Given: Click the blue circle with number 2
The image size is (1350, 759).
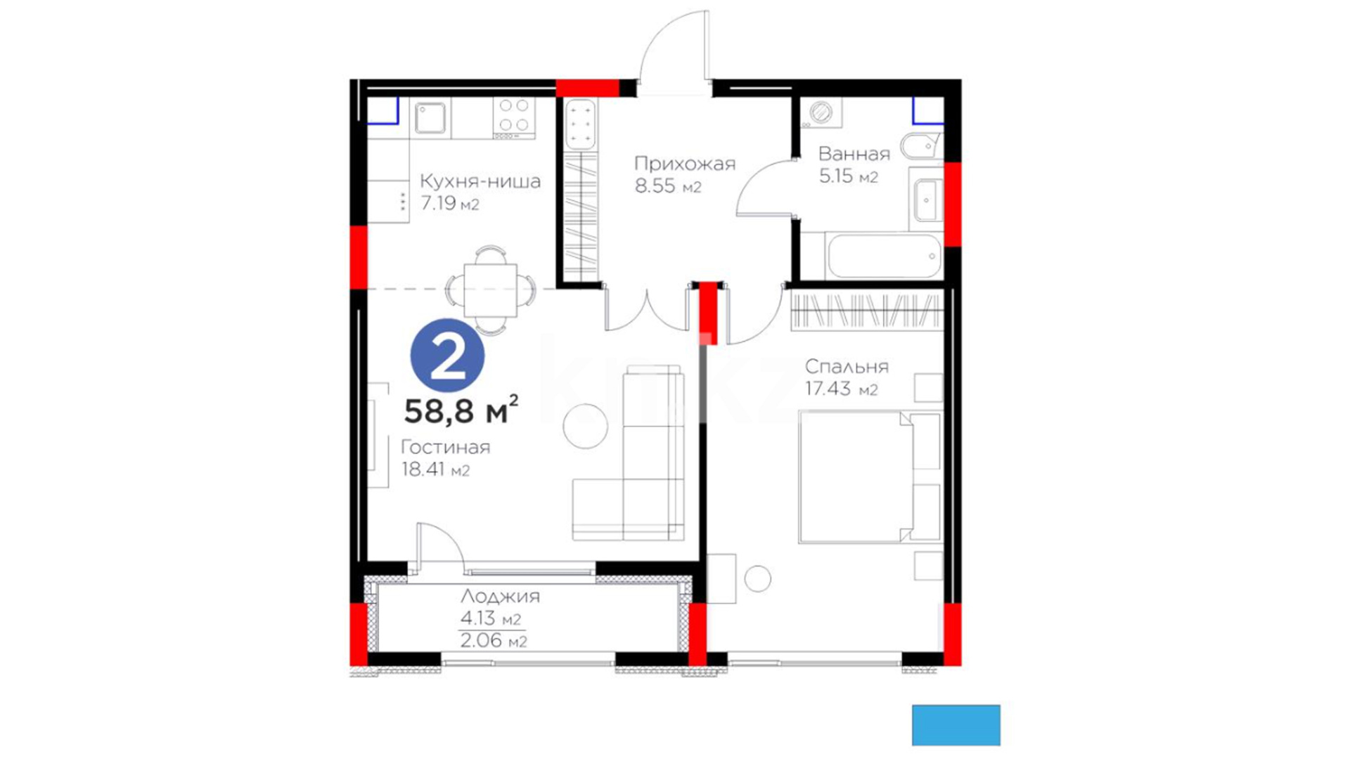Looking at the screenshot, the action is (447, 356).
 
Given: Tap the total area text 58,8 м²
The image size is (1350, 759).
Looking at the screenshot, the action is (461, 410).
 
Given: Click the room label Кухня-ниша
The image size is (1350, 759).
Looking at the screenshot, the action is (480, 181).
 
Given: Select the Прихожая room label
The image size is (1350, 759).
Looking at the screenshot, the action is (685, 164).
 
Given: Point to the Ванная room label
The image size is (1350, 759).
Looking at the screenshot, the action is (854, 154).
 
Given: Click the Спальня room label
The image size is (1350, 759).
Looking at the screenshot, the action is (847, 367).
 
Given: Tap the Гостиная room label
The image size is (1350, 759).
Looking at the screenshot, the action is (446, 448).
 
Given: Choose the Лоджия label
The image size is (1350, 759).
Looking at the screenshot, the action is (501, 597).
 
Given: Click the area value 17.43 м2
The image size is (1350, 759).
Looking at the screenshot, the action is (842, 389).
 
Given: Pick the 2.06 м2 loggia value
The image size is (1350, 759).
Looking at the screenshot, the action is (493, 641).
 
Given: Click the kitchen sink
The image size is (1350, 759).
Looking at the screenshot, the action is (430, 118).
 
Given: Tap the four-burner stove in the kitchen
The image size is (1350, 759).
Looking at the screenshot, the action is (514, 117).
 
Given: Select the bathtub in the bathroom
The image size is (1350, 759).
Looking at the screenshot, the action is (884, 256).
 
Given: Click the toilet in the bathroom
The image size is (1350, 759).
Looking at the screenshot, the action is (921, 146).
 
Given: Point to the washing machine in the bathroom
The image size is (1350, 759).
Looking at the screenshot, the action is (821, 112).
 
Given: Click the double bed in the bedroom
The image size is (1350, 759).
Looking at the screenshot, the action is (869, 477).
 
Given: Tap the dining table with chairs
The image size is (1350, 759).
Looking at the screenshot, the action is (491, 290).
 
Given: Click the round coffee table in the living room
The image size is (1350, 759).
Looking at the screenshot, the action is (585, 426).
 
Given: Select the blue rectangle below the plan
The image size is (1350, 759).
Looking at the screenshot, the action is (956, 725).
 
